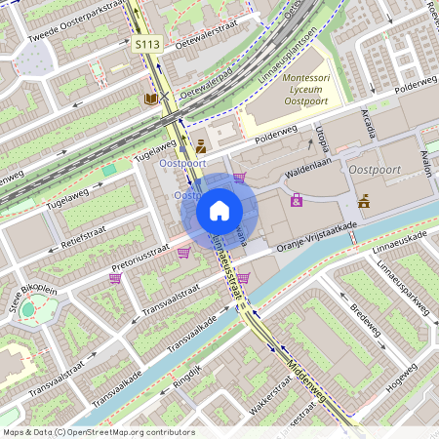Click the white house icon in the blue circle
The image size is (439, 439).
(x=219, y=211)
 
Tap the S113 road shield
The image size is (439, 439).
(x=147, y=45)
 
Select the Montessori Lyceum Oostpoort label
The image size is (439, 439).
(x=311, y=88)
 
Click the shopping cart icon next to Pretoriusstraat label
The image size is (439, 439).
(x=183, y=253)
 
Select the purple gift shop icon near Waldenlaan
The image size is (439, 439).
(x=297, y=200)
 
